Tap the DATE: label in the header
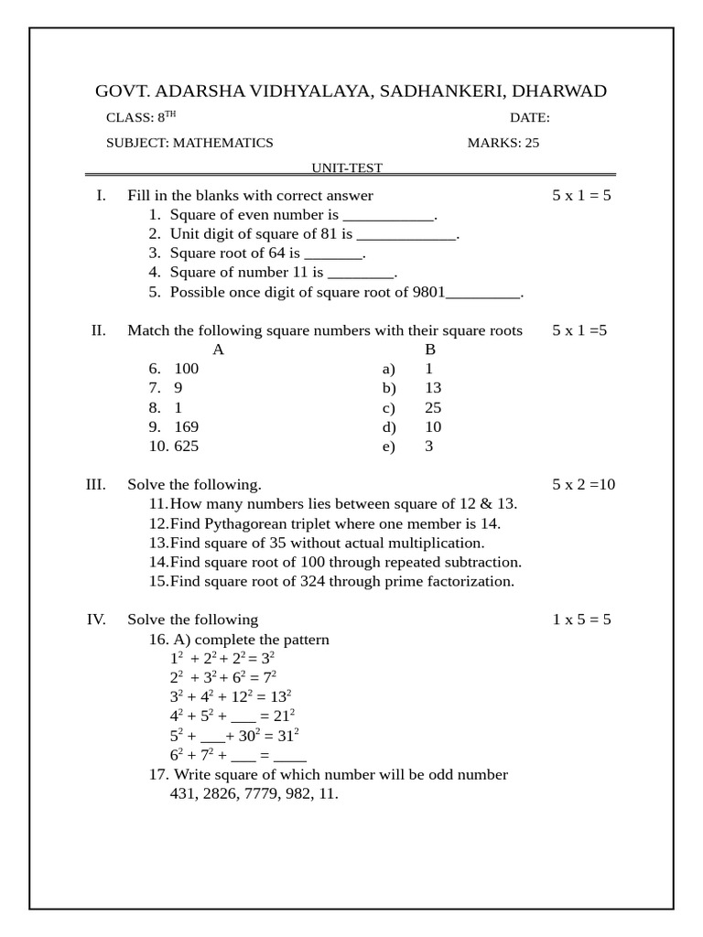point(529,118)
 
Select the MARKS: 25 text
point(503,143)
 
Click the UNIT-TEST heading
point(346,168)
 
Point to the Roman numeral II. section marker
point(99,330)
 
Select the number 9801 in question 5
point(428,293)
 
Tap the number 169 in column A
point(186,427)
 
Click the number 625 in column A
point(186,447)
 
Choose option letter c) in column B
point(388,408)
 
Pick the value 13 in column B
point(433,388)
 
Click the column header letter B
point(430,350)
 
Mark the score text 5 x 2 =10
point(583,485)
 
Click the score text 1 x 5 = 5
point(581,620)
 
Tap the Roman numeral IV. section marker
point(96,620)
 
